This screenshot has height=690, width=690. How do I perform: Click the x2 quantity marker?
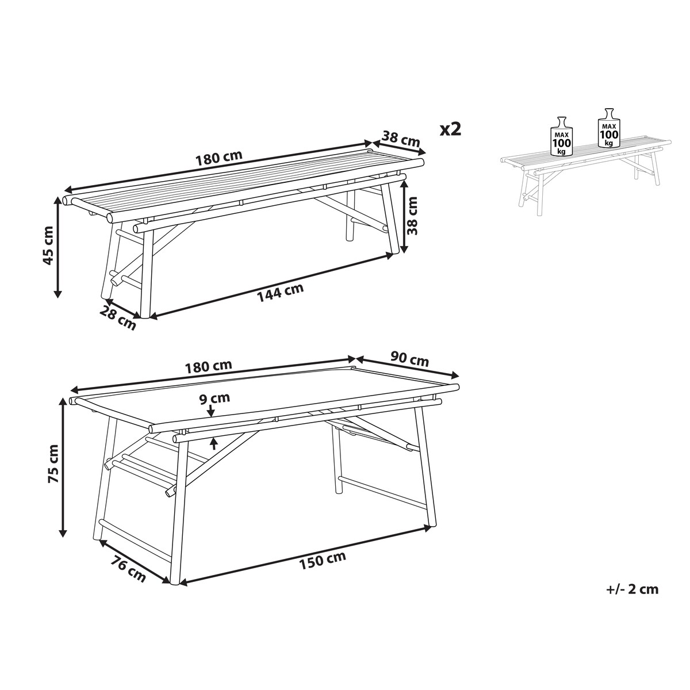450,129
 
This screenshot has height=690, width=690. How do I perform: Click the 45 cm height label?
48,246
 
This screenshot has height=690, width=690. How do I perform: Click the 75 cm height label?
54,469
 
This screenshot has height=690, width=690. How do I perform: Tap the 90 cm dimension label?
409,359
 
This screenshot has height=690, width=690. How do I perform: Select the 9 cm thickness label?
215,398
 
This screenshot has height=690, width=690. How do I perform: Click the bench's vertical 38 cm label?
413,216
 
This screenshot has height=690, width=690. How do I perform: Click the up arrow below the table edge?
214,444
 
